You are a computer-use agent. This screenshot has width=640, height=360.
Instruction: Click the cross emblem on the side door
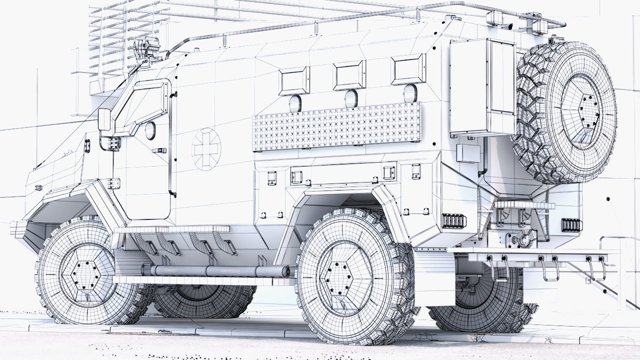click(206, 149)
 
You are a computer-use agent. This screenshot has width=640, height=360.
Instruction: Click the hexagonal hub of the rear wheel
click(343, 278)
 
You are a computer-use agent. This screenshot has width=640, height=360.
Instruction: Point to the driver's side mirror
click(104, 119)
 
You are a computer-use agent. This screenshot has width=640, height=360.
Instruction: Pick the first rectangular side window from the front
click(293, 81)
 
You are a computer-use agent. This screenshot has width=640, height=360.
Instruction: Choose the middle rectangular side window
click(349, 75)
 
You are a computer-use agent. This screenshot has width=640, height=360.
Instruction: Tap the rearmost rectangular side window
click(408, 69)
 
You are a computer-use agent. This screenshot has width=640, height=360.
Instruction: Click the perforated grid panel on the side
click(336, 126)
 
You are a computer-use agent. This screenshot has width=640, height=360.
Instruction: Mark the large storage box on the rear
click(482, 87)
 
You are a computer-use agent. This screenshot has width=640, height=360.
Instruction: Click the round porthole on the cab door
click(150, 130)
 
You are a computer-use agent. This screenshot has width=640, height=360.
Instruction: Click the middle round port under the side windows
click(351, 98)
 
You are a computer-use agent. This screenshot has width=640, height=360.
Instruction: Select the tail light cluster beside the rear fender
click(454, 220)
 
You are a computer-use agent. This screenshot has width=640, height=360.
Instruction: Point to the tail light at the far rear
click(571, 225)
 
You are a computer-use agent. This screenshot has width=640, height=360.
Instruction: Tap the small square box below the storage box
click(468, 153)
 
